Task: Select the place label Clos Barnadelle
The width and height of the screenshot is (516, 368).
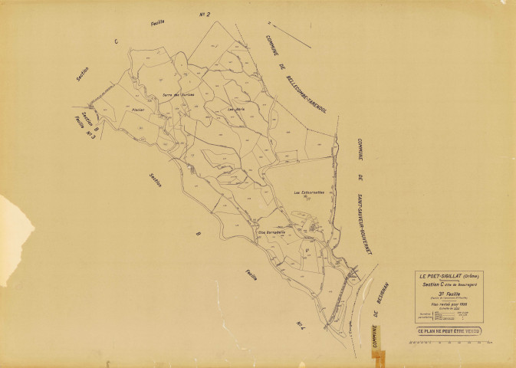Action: pyautogui.click(x=271, y=232)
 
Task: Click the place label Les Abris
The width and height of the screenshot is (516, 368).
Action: pyautogui.click(x=236, y=109)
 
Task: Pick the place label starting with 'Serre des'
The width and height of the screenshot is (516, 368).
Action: pyautogui.click(x=178, y=95)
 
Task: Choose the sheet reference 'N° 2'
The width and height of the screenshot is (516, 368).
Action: pyautogui.click(x=205, y=14)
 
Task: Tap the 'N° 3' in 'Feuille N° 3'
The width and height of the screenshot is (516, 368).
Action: pyautogui.click(x=96, y=136)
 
